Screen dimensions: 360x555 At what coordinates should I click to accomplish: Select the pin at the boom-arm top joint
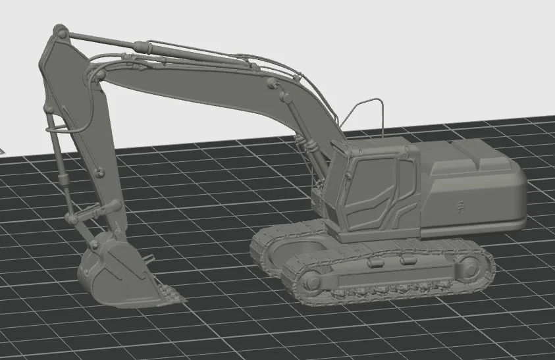click(x=61, y=31)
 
